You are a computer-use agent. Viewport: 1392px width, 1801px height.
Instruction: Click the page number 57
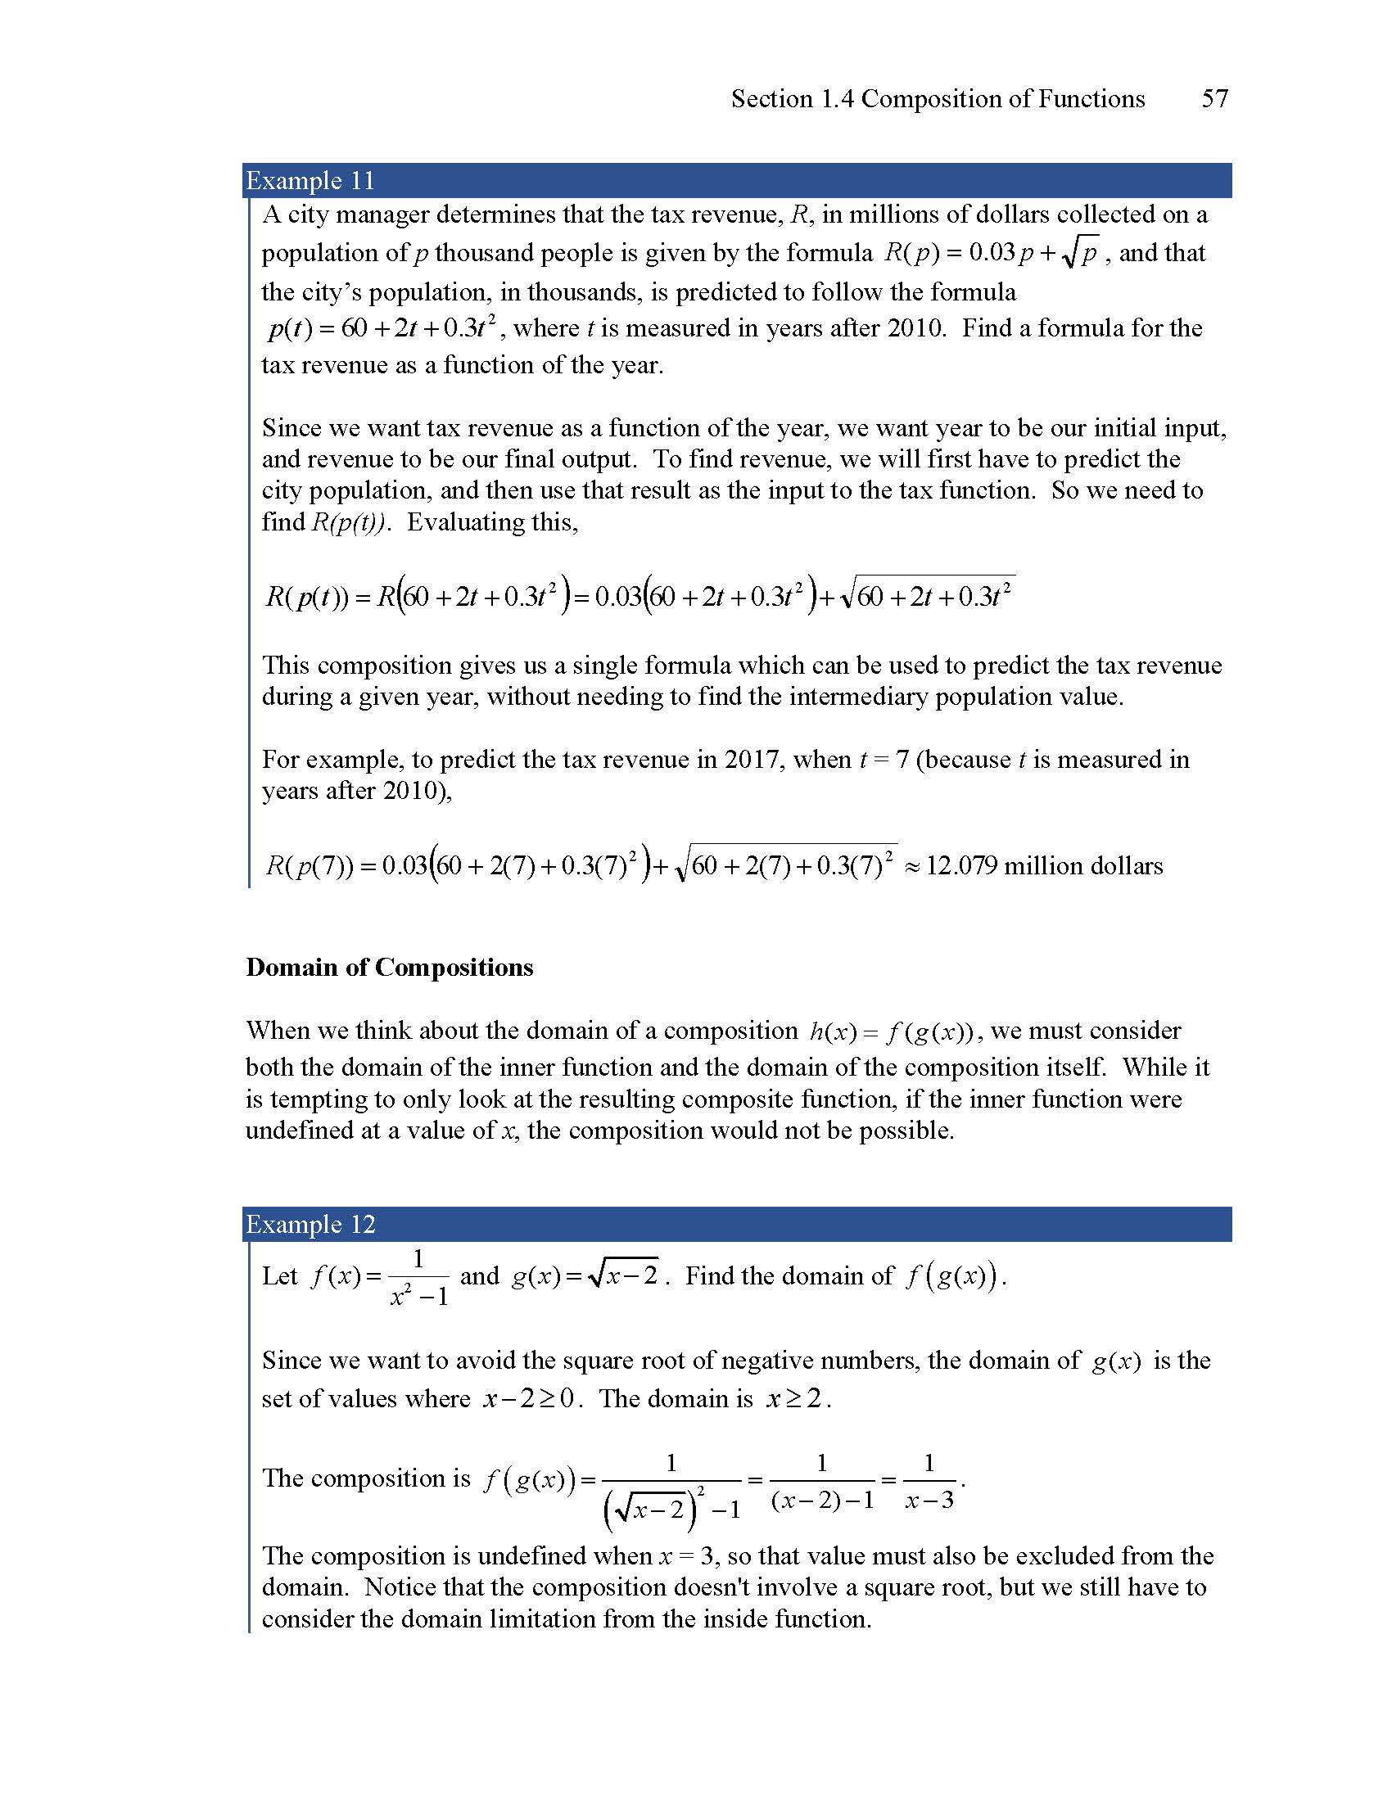1214,99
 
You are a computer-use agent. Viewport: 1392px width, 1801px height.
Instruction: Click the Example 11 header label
310,181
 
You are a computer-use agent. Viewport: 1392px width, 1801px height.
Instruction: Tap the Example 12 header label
310,1225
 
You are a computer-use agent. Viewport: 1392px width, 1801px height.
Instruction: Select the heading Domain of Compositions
389,968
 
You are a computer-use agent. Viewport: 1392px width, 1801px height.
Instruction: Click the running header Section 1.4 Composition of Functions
938,99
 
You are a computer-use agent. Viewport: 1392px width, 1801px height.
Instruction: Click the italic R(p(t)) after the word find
347,522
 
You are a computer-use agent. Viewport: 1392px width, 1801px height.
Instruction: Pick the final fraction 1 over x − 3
929,1481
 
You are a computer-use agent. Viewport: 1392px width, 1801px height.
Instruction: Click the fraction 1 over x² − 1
418,1277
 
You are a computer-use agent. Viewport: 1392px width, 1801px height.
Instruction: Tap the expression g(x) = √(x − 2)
585,1276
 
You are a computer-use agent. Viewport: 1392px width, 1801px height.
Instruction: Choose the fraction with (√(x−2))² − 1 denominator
671,1484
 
